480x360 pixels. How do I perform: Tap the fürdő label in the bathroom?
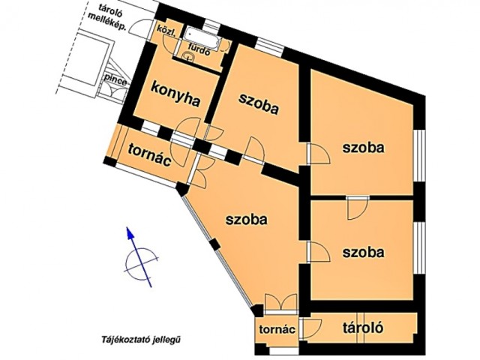pyautogui.click(x=199, y=50)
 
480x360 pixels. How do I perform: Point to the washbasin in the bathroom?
pyautogui.click(x=187, y=56)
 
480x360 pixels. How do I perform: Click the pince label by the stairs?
pyautogui.click(x=115, y=79)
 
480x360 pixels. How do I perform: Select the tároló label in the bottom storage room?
pyautogui.click(x=363, y=328)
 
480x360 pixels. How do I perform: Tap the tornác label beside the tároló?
pyautogui.click(x=277, y=329)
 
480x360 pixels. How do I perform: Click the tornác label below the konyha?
pyautogui.click(x=150, y=154)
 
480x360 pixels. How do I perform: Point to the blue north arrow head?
pyautogui.click(x=130, y=232)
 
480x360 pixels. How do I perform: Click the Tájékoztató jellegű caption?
pyautogui.click(x=140, y=339)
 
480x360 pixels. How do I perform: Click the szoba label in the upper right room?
pyautogui.click(x=363, y=148)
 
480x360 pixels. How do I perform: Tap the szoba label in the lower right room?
pyautogui.click(x=363, y=253)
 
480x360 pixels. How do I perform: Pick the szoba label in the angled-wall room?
pyautogui.click(x=247, y=220)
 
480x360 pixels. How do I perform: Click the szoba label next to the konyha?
pyautogui.click(x=259, y=103)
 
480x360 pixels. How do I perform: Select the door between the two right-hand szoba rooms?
pyautogui.click(x=357, y=208)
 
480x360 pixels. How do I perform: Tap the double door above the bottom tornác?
pyautogui.click(x=280, y=303)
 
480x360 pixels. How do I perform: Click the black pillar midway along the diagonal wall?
pyautogui.click(x=215, y=244)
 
